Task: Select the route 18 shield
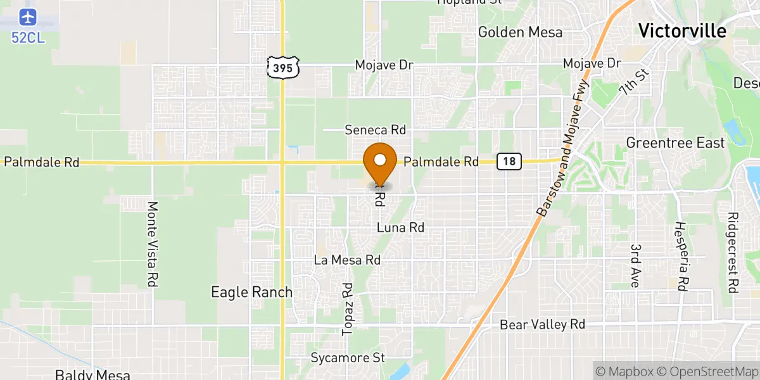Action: tap(509, 161)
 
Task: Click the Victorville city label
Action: tap(682, 30)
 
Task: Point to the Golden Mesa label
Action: tap(520, 32)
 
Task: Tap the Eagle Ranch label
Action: tap(251, 292)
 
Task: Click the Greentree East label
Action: tap(675, 143)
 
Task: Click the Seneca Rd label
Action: tap(375, 130)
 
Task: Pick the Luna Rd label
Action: tap(400, 227)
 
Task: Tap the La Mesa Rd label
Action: tap(347, 260)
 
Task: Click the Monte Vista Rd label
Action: tap(152, 244)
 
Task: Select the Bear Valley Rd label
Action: tap(542, 324)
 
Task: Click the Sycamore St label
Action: tap(348, 358)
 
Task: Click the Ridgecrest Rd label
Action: tap(733, 252)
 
